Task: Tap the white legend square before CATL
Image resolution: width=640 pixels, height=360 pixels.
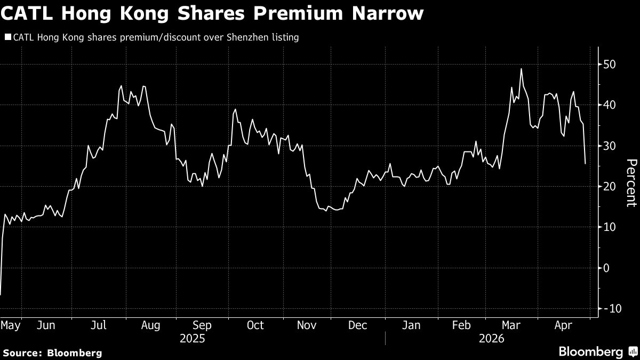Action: click(7, 37)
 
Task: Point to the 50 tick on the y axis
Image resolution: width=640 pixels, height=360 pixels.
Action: click(610, 65)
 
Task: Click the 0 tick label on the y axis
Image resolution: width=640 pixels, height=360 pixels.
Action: click(606, 268)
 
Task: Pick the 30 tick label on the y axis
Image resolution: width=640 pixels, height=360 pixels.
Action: click(610, 146)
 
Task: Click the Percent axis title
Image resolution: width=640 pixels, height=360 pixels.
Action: click(631, 183)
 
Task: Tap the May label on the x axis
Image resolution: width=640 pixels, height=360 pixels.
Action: click(11, 325)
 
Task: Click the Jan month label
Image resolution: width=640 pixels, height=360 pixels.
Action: click(411, 325)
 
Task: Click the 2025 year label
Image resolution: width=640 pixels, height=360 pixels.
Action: click(193, 339)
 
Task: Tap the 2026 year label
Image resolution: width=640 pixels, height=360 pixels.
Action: click(491, 339)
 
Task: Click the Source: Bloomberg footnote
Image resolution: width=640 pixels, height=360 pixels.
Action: click(52, 353)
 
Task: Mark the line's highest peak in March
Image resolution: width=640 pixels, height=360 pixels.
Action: click(521, 69)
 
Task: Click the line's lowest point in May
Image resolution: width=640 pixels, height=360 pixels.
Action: click(1, 294)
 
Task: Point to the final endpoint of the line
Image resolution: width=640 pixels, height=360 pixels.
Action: click(585, 164)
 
